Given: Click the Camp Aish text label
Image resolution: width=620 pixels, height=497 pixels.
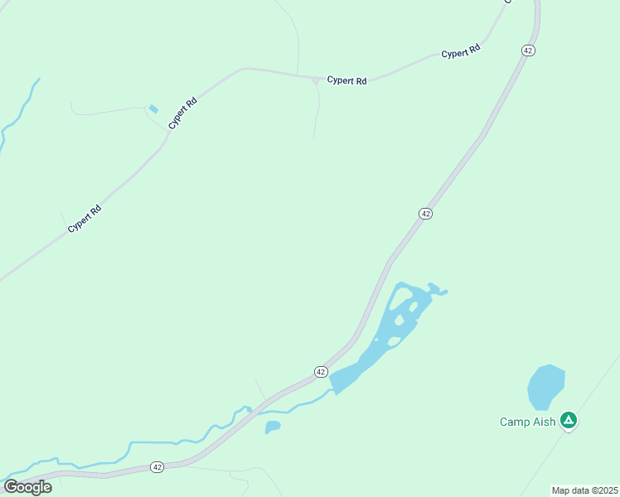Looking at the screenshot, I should (528, 422).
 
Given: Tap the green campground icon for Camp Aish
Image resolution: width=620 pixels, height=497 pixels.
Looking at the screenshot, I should (569, 421).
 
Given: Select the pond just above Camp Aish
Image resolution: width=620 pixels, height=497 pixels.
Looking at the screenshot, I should (545, 386).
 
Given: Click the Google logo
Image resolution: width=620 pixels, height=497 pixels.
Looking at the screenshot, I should (27, 486).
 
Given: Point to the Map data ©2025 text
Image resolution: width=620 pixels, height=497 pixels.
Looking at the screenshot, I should (584, 490).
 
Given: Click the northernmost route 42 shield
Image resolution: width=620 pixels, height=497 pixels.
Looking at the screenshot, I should (528, 51).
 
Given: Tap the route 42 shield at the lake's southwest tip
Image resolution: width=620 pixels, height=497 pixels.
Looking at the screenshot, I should (321, 372).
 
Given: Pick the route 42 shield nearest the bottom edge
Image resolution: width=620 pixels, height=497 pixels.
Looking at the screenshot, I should (157, 468).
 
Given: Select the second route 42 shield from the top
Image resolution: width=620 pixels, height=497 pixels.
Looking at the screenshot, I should (425, 214).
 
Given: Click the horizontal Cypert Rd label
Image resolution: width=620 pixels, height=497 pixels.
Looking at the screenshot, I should (346, 80).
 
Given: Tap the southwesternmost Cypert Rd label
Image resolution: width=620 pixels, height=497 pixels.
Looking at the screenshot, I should (84, 218).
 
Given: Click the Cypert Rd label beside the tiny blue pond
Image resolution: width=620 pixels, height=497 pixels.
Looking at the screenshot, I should (182, 113).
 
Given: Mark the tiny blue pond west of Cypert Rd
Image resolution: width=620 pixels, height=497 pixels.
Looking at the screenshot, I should (153, 109).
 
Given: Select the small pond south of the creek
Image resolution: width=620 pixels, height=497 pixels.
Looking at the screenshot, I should (272, 427).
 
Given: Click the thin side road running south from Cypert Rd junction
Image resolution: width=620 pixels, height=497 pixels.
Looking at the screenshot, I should (317, 112).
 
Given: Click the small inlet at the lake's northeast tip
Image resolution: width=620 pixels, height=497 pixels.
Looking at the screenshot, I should (440, 292).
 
